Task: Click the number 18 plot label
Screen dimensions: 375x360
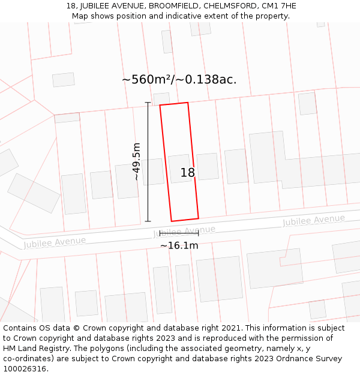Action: (x=188, y=173)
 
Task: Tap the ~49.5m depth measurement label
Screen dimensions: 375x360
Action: (x=137, y=161)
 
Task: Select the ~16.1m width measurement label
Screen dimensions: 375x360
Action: (x=179, y=245)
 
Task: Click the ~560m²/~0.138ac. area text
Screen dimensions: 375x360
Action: (x=179, y=79)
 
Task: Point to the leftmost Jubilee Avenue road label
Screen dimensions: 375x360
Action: (x=55, y=242)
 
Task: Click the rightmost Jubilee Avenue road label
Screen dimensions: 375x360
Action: (x=314, y=221)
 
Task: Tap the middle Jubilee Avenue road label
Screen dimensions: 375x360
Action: (x=184, y=231)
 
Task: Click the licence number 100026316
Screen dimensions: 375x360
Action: (x=26, y=369)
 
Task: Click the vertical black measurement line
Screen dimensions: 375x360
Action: (x=148, y=162)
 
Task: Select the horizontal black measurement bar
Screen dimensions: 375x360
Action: (x=179, y=234)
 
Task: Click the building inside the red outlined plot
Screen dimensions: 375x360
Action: (x=180, y=169)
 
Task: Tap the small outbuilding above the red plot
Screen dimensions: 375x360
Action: (x=161, y=99)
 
